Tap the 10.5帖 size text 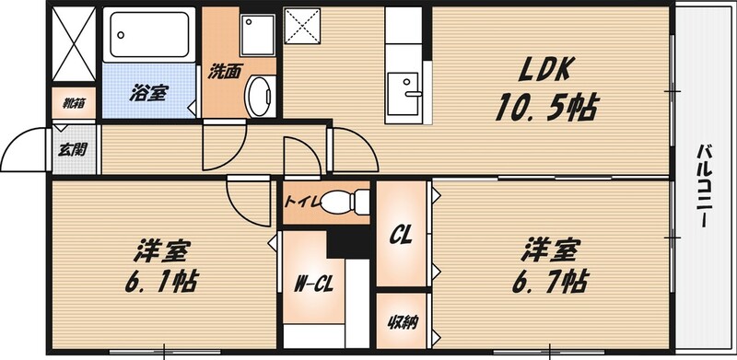[x=546, y=107]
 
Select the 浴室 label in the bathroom [x=147, y=93]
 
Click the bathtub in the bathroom [x=148, y=34]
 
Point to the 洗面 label [x=225, y=72]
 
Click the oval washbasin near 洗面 [x=260, y=97]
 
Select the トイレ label [x=302, y=203]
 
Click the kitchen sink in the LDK [x=404, y=94]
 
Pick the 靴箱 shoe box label [x=74, y=103]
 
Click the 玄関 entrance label [x=73, y=149]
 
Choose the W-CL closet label [x=313, y=285]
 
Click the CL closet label [x=401, y=234]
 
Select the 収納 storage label [x=403, y=322]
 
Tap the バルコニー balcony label [x=704, y=186]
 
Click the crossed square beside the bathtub [x=74, y=43]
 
